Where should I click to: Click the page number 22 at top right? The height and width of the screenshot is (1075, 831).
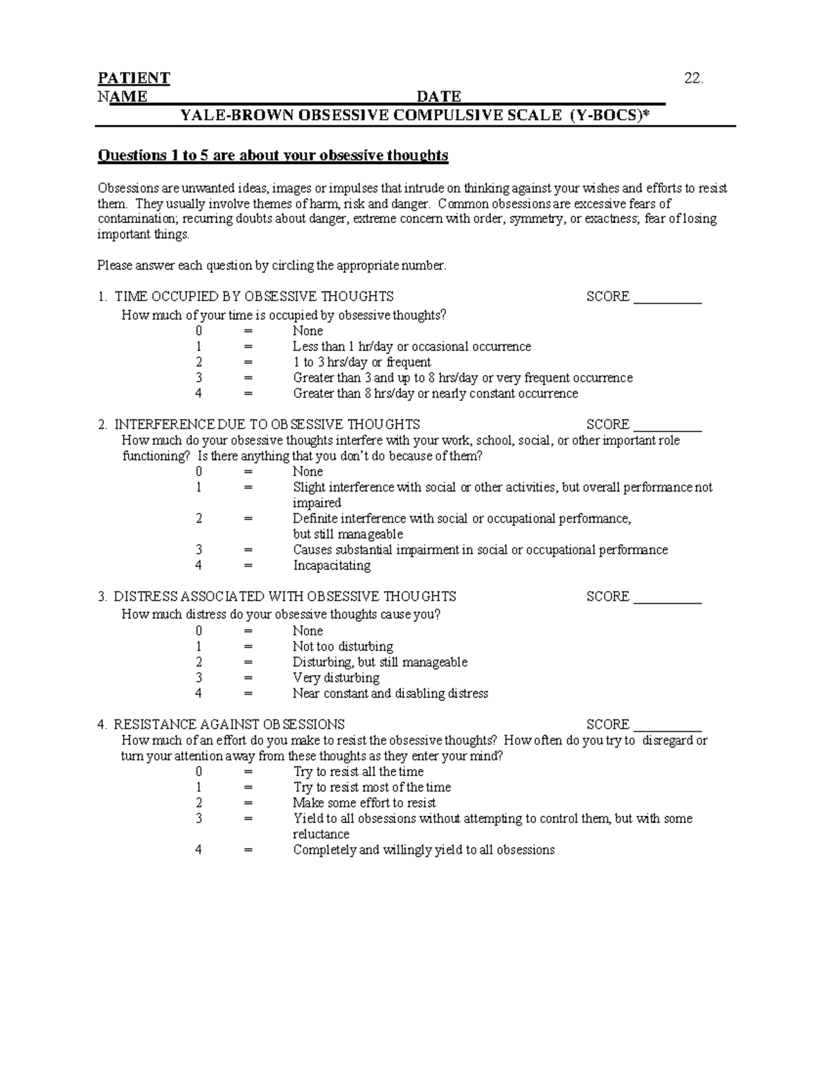coord(693,78)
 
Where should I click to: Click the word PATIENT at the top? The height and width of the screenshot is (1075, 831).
coord(134,78)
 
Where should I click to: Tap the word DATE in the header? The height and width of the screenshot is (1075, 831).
coord(439,96)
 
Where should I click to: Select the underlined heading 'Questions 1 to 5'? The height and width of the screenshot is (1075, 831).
coord(273,155)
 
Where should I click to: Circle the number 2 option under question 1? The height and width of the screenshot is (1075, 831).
coord(199,362)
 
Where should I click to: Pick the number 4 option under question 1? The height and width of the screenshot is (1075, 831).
coord(199,393)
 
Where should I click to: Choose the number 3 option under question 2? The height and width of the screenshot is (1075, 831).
coord(199,550)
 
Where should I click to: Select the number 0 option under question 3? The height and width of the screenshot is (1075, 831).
coord(199,631)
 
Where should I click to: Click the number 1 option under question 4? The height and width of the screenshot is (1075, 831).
coord(199,787)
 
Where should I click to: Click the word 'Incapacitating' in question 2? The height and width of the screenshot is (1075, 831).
coord(332,566)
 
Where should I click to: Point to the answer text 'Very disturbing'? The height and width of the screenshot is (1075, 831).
coord(336,678)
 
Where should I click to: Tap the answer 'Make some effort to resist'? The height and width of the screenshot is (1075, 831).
coord(364,803)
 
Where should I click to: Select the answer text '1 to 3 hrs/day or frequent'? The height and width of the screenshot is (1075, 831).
coord(361,362)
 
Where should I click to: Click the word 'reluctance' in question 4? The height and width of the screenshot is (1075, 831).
coord(321,834)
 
